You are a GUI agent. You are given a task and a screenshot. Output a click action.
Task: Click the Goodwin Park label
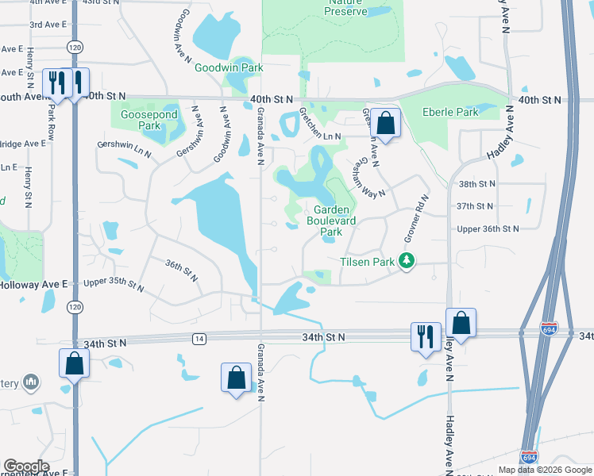[229, 68]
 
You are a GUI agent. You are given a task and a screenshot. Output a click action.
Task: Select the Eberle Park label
[450, 112]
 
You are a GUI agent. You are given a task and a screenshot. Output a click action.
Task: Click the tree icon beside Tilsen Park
[407, 261]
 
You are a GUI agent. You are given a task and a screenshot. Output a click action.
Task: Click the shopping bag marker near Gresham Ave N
[385, 124]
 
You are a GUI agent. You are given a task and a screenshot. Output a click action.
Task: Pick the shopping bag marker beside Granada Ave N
[236, 377]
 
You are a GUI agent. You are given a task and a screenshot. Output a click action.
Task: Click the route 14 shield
[199, 339]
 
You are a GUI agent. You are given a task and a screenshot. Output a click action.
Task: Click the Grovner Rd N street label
[417, 219]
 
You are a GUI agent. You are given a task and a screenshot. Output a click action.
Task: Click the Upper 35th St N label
[114, 283]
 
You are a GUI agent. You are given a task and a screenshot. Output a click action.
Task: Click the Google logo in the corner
[26, 466]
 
